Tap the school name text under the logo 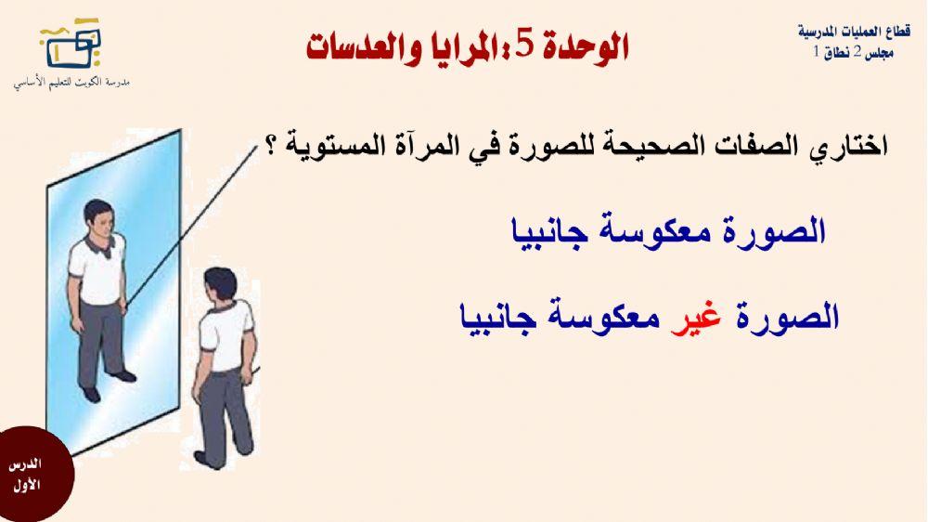[71, 83]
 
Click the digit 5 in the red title [526, 46]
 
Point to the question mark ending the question [274, 148]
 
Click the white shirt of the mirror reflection [98, 270]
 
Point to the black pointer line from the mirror [195, 223]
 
